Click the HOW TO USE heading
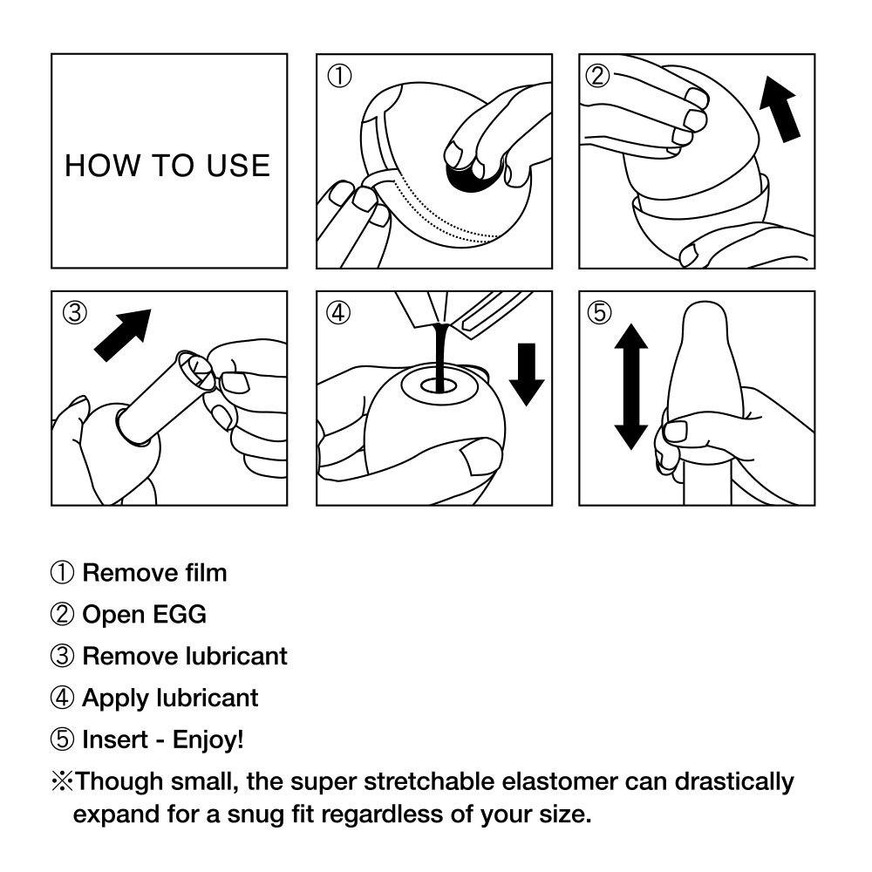167,165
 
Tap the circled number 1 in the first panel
339,77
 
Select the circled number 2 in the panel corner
597,76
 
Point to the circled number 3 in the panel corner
75,313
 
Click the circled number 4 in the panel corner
338,313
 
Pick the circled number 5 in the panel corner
599,313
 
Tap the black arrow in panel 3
122,335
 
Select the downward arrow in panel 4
526,374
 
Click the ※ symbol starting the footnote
61,781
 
